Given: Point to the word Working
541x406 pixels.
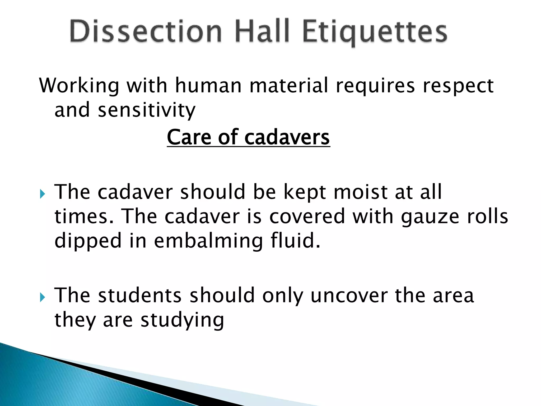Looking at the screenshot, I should point(79,86).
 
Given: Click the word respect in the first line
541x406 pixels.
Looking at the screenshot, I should point(458,86).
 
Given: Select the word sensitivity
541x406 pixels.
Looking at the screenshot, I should point(147,110).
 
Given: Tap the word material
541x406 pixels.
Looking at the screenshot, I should point(289,85).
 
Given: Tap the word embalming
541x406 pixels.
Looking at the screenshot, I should point(208,241).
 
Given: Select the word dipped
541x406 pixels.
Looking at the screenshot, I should point(88,241).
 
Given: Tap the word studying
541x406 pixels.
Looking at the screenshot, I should point(182,320).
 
